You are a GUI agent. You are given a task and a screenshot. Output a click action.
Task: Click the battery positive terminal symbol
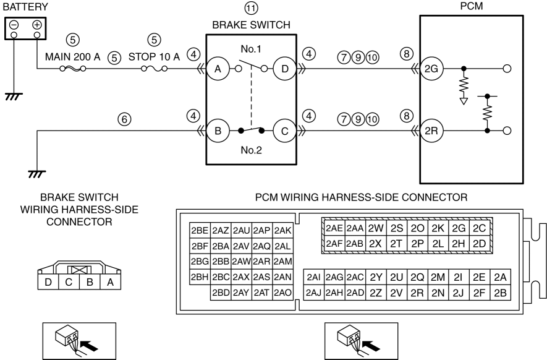point(36,25)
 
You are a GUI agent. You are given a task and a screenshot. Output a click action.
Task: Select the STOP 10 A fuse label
point(155,56)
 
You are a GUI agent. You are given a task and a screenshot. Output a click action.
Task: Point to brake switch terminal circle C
point(284,131)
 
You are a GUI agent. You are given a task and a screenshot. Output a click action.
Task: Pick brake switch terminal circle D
point(284,69)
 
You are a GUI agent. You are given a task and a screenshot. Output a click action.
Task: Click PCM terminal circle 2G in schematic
point(433,69)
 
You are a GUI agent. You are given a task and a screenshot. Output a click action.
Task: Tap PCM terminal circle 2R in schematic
point(433,131)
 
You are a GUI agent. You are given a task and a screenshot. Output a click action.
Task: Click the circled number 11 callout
point(251,9)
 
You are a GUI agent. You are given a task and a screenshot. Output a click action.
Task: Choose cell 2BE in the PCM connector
point(200,230)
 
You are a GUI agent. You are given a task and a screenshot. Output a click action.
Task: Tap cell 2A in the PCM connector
point(500,276)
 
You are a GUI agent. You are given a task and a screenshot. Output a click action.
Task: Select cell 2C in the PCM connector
point(479,228)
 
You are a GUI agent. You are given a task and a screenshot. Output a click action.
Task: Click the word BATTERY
point(24,4)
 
